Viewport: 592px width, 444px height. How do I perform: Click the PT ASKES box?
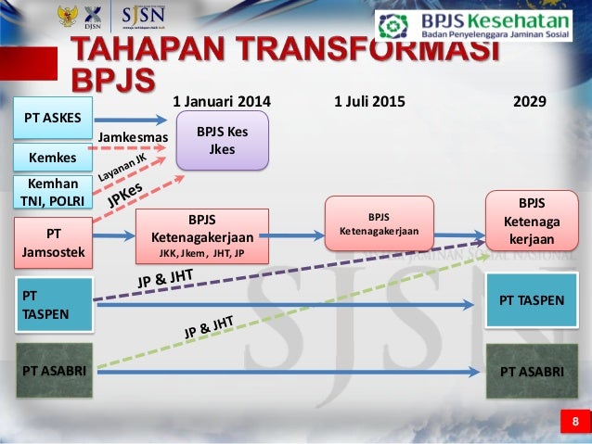pyautogui.click(x=53, y=118)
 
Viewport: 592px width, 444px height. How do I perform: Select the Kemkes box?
pyautogui.click(x=53, y=158)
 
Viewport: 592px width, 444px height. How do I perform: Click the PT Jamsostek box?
pyautogui.click(x=53, y=242)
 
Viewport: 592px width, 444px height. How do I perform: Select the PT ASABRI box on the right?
pyautogui.click(x=532, y=371)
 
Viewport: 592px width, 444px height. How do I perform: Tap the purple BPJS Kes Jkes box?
pyautogui.click(x=222, y=140)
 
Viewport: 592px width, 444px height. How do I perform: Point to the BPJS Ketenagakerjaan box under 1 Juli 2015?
pyautogui.click(x=379, y=223)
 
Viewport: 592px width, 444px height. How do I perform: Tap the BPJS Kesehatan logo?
pyautogui.click(x=480, y=24)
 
